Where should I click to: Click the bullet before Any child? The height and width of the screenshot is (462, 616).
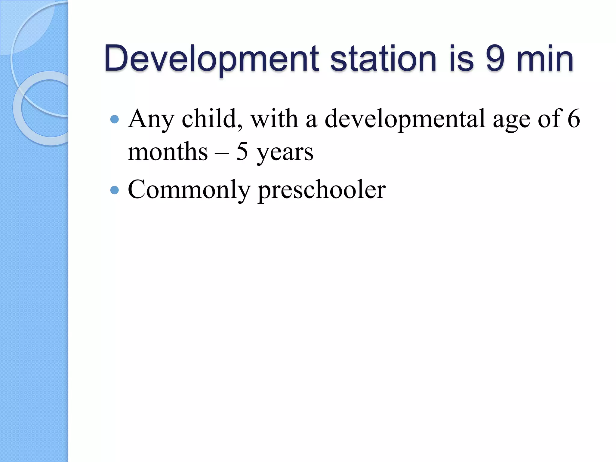click(115, 120)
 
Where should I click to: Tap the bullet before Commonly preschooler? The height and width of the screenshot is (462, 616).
click(115, 190)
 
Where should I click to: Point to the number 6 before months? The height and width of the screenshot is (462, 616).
click(573, 119)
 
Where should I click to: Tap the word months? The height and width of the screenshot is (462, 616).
click(168, 152)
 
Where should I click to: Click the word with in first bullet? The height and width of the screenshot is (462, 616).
click(274, 119)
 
